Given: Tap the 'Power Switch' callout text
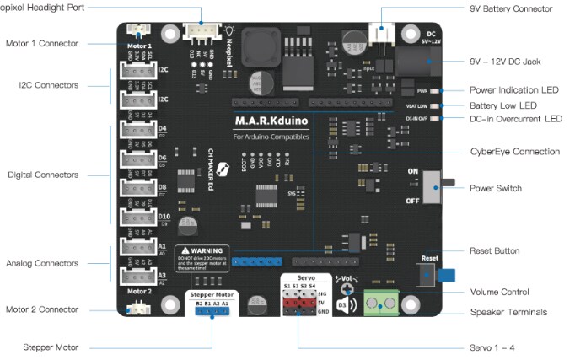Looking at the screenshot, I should tap(495, 188).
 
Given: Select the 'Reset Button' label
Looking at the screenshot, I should tap(494, 250).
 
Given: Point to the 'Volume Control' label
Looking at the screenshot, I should tap(499, 293).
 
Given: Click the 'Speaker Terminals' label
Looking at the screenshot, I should tap(508, 313).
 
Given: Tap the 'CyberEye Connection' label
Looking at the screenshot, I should tap(514, 152).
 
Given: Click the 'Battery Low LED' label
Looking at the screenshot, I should tap(503, 105).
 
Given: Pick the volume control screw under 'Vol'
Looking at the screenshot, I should tap(347, 289).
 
